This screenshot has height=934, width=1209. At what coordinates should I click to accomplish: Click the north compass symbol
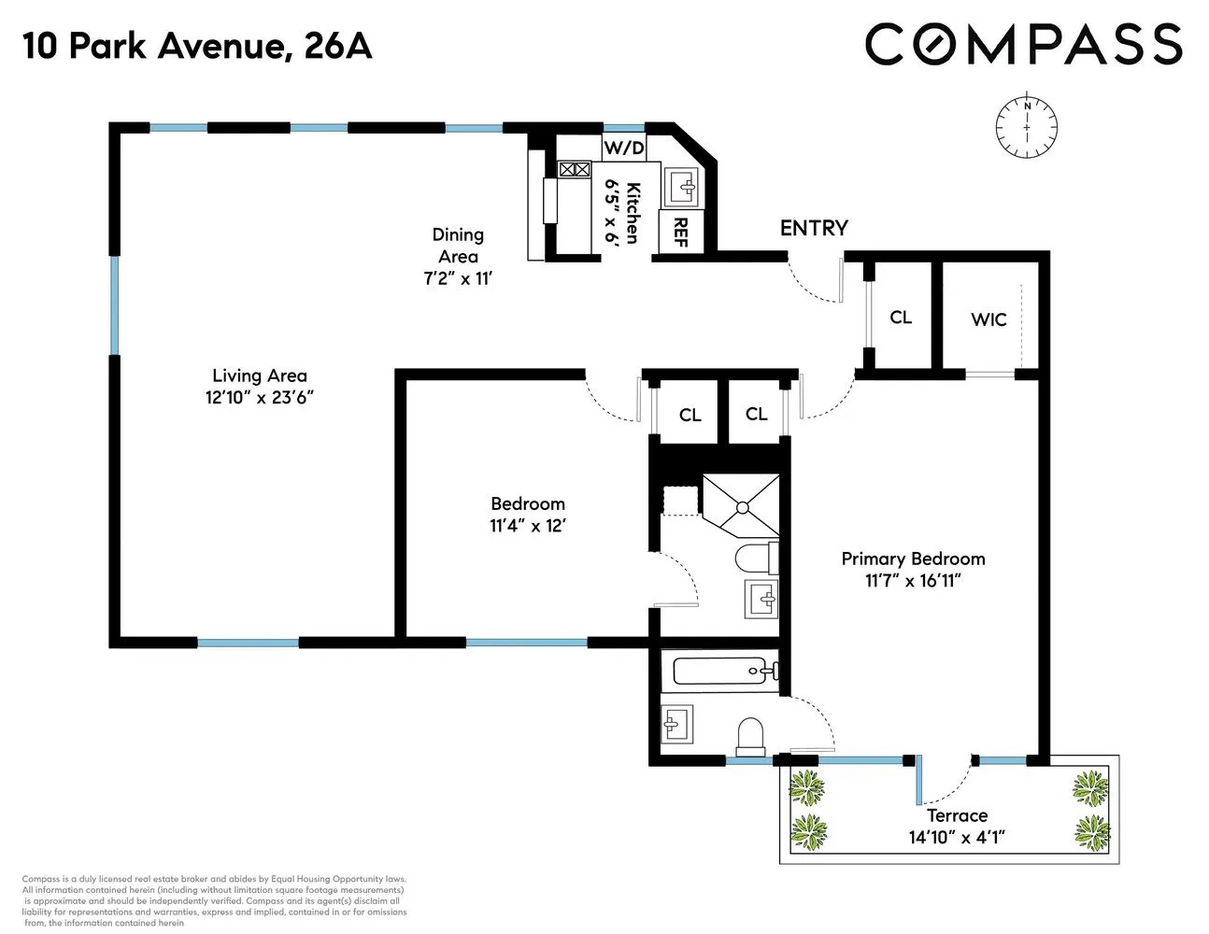point(1027,127)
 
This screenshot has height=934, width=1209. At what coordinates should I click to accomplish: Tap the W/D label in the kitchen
point(623,148)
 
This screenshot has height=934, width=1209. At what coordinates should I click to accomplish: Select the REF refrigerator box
point(679,232)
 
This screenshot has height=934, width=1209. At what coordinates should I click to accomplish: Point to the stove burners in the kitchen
point(575,169)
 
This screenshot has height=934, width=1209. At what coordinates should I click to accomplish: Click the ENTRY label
point(814,228)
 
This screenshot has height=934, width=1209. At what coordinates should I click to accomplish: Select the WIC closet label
point(989,319)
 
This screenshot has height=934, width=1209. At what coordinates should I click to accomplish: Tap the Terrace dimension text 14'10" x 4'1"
point(957,837)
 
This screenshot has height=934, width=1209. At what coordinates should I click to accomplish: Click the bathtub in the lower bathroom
point(720,671)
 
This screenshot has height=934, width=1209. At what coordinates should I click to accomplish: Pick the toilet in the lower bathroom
point(751,736)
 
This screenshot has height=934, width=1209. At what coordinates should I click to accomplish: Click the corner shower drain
point(742,508)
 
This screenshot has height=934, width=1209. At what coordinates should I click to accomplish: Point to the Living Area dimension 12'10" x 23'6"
point(259,397)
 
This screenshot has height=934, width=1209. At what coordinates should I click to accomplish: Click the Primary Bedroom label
point(913,559)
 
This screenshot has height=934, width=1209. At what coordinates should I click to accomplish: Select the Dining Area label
point(458,246)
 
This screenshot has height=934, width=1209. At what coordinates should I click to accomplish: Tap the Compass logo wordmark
point(1023,45)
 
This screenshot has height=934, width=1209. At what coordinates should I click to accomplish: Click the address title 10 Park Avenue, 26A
point(197,46)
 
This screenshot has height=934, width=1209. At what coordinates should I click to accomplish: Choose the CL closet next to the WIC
point(900,318)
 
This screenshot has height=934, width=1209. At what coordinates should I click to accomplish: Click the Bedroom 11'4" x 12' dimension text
point(528,526)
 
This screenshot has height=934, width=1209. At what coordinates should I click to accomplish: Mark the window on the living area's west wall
point(115,305)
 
